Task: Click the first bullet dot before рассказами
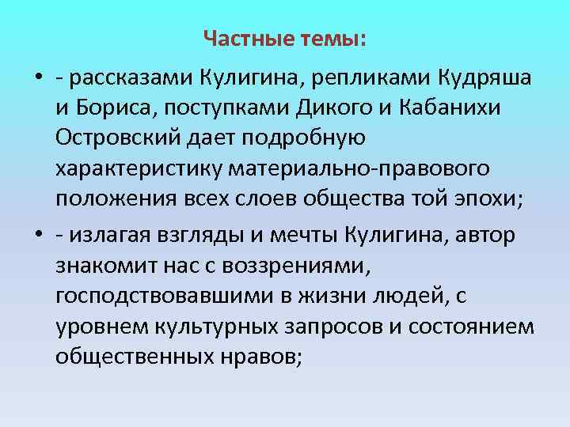(x=38, y=81)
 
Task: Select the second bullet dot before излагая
(x=38, y=236)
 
